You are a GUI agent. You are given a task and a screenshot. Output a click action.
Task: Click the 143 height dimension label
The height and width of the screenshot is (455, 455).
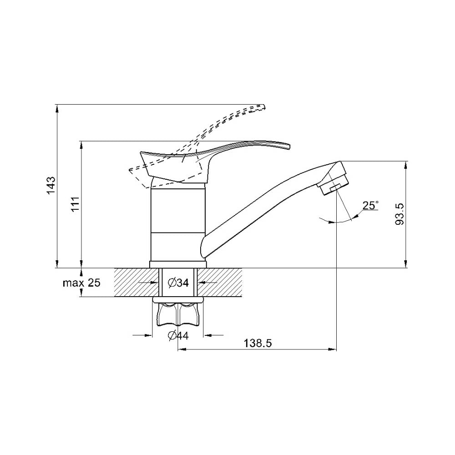(51, 186)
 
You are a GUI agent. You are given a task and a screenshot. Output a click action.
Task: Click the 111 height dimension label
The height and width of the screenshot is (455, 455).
(75, 204)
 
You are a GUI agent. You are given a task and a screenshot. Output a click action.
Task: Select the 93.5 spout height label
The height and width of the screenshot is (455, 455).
(399, 214)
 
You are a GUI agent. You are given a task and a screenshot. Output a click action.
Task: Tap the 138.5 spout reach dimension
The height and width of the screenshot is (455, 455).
(258, 343)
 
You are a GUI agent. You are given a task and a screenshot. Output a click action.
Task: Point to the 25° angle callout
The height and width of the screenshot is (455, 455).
(370, 206)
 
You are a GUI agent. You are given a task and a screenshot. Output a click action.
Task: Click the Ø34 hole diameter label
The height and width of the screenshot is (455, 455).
(178, 283)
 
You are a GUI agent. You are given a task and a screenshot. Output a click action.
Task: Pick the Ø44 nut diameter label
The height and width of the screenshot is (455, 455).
(178, 336)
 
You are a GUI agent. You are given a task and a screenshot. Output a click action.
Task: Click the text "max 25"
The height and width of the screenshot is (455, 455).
(81, 283)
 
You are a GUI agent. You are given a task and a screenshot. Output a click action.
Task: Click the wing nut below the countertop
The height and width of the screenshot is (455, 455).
(178, 315)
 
